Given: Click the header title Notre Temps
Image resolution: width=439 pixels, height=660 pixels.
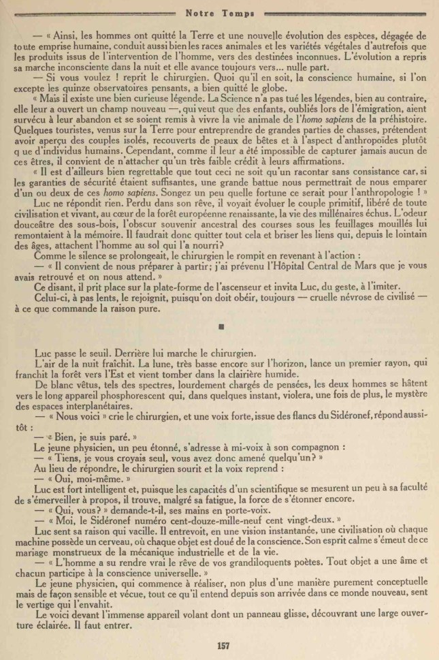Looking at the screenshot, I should [x=219, y=12].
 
